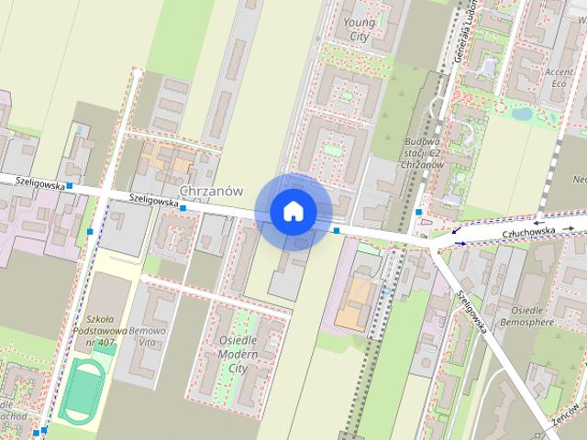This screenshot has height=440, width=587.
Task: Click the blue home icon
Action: click(293, 211)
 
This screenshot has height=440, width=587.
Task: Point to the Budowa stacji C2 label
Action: click(424, 151)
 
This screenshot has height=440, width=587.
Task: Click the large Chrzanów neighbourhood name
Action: click(212, 191)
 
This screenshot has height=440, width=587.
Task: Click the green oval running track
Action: click(83, 390)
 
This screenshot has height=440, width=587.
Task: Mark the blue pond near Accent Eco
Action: click(522, 115)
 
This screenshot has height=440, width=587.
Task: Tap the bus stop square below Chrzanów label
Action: click(183, 208)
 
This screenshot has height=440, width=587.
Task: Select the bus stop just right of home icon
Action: click(337, 230)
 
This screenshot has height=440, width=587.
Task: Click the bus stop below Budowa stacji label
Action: click(418, 213)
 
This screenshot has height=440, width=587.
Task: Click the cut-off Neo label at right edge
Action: click(579, 178)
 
